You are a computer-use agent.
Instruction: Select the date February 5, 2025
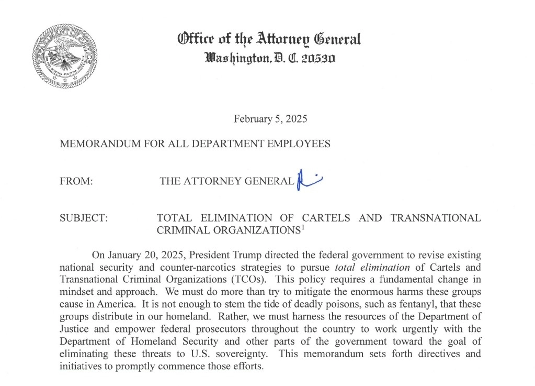pyautogui.click(x=270, y=119)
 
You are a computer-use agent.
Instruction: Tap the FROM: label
pyautogui.click(x=76, y=181)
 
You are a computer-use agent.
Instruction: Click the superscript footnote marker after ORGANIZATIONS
pyautogui.click(x=303, y=227)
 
